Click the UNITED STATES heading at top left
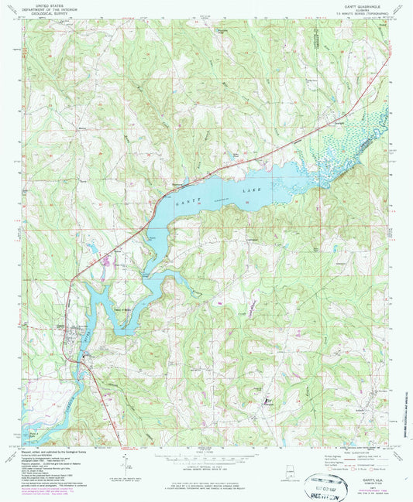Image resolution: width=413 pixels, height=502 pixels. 46,5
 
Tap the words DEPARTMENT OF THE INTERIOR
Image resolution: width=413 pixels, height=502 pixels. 46,9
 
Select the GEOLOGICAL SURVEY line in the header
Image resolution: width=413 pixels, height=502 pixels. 46,13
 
